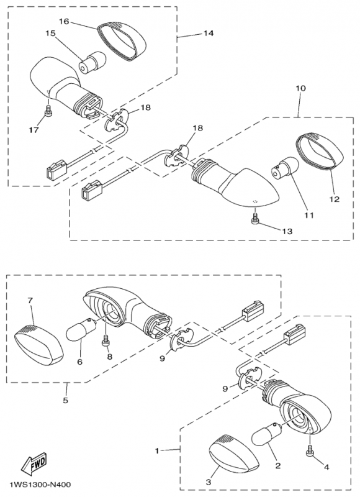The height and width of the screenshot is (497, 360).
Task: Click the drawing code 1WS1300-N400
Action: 40,485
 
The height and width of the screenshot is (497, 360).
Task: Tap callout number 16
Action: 64,21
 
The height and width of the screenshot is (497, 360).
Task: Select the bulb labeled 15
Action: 90,62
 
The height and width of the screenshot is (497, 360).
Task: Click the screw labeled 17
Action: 48,111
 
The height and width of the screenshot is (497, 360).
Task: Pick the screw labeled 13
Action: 255,219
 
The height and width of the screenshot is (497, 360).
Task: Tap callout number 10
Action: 301,88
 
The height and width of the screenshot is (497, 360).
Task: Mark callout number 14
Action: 208,33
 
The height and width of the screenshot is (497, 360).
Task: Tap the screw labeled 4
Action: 309,451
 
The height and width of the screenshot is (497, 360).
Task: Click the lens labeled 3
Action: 234,453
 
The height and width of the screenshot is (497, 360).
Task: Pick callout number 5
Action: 66,400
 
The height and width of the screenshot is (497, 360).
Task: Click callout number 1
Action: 157,450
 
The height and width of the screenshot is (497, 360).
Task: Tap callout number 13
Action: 287,231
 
